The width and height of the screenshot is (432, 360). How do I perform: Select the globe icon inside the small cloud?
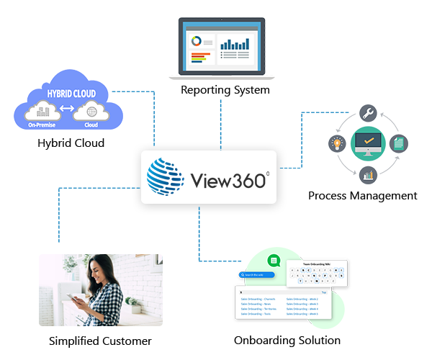coord(91,112)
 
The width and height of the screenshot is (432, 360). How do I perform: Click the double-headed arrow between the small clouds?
coord(68,111)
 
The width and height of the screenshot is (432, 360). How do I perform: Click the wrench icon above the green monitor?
coord(368,114)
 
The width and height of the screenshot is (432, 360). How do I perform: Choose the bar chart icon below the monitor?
coord(368,174)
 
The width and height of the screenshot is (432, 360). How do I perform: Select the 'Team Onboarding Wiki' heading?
coord(316,264)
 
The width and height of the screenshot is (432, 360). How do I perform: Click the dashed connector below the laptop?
coord(219,115)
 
